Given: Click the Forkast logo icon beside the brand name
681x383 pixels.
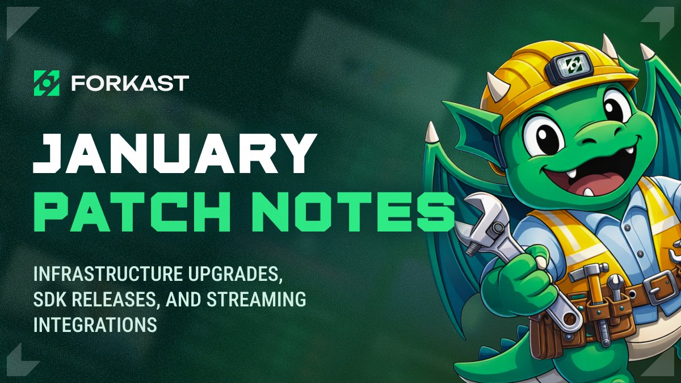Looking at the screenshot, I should tap(47, 83).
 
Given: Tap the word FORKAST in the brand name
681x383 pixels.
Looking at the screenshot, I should tap(130, 83).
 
